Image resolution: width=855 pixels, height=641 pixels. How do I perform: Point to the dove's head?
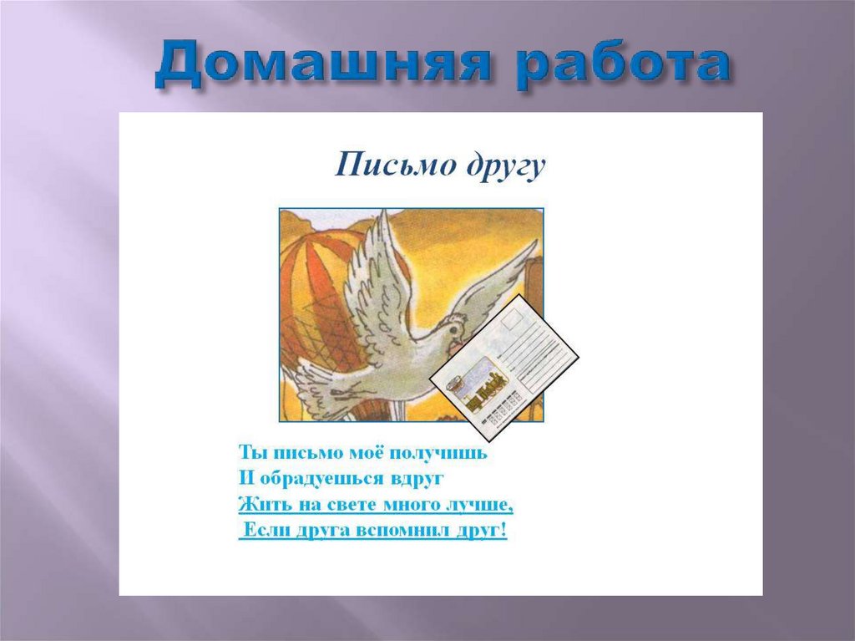coord(452,331)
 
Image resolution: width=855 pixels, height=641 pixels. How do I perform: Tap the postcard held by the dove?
coord(503,367)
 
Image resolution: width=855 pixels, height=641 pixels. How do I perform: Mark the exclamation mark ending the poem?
coord(503,530)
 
